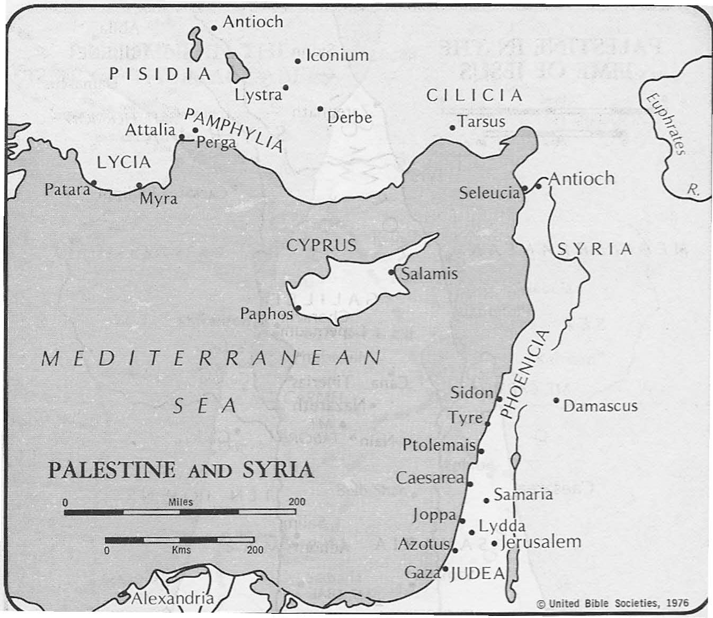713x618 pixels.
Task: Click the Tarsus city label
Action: (482, 121)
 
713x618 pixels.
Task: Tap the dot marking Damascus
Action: (556, 400)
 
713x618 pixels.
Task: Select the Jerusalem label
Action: (541, 542)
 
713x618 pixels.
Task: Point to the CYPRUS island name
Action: (321, 245)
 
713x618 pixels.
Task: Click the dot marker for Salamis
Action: (391, 272)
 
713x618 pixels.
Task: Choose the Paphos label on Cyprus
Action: (266, 314)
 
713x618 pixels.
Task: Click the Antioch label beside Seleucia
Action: (581, 178)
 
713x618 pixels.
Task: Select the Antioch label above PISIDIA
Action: (253, 22)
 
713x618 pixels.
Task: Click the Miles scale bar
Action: (180, 512)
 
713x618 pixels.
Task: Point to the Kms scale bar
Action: (180, 540)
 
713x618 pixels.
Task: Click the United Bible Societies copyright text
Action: (612, 603)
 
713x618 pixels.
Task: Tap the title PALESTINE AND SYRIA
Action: (181, 470)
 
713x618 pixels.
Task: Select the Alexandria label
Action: (172, 598)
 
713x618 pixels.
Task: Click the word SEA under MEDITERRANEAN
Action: (205, 406)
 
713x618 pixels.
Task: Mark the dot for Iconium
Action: (298, 61)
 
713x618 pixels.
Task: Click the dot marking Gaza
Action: (445, 569)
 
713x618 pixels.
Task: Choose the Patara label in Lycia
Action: (67, 189)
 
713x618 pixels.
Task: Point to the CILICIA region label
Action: (475, 95)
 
